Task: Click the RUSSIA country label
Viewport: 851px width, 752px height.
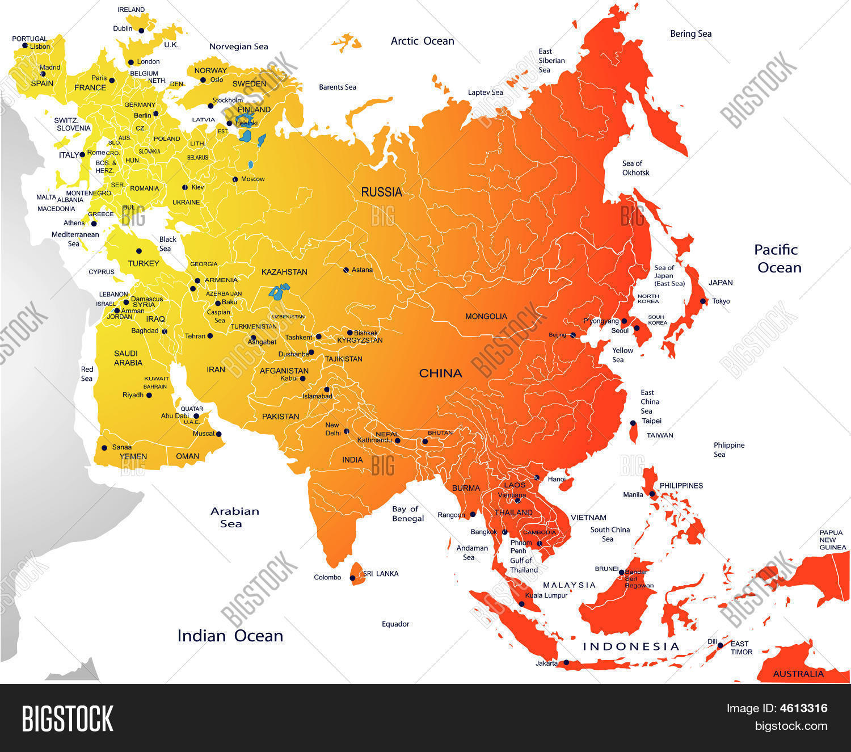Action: point(381,192)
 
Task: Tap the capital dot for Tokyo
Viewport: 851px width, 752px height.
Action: point(703,301)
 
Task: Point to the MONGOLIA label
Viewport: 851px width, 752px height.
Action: point(486,317)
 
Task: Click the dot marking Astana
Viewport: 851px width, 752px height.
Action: point(346,270)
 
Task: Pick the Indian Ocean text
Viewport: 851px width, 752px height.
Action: point(230,636)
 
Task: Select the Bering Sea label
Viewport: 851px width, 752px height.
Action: point(690,34)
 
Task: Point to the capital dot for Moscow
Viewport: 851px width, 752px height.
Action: point(235,179)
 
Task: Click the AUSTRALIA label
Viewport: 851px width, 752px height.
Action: point(798,674)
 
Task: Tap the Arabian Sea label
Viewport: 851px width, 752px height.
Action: point(234,517)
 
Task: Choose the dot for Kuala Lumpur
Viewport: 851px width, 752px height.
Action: point(521,604)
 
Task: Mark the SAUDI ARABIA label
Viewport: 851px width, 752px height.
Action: point(127,358)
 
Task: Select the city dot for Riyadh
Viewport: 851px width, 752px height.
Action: point(149,395)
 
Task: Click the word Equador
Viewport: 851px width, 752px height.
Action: point(395,624)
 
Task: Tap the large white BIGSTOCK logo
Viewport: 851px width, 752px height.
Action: point(68,719)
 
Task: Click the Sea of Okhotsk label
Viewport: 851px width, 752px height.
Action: point(635,168)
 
